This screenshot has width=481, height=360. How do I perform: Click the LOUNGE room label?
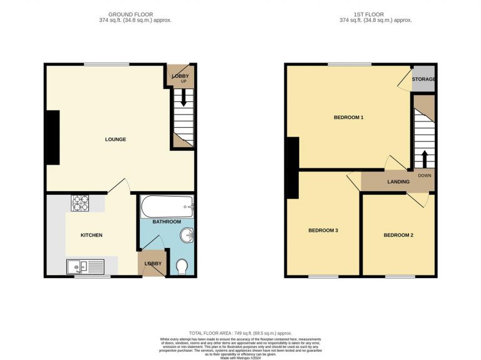pos(115,139)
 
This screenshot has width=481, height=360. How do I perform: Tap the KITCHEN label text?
pos(91,235)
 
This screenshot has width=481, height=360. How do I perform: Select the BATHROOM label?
pos(167,222)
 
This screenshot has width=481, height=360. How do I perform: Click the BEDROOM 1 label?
pos(348,118)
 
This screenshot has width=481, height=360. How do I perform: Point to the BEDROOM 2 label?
pos(398,235)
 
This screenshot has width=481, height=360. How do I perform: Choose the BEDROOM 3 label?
pos(323,230)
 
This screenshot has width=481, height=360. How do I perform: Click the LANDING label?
pos(398,182)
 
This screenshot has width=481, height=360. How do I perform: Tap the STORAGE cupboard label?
pos(424,80)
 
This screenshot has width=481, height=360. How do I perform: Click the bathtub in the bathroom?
pos(167,205)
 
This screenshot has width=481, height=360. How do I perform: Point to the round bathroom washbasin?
pos(186,236)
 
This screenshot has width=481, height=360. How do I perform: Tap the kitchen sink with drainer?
pos(86,267)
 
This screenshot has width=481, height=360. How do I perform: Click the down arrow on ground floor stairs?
pos(184,97)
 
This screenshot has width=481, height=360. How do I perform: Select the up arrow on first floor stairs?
pos(425,157)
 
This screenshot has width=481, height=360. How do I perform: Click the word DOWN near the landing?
pos(425,175)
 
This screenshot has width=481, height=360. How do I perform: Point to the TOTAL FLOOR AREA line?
pos(240,333)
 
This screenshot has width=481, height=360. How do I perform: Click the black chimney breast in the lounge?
pos(53,138)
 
